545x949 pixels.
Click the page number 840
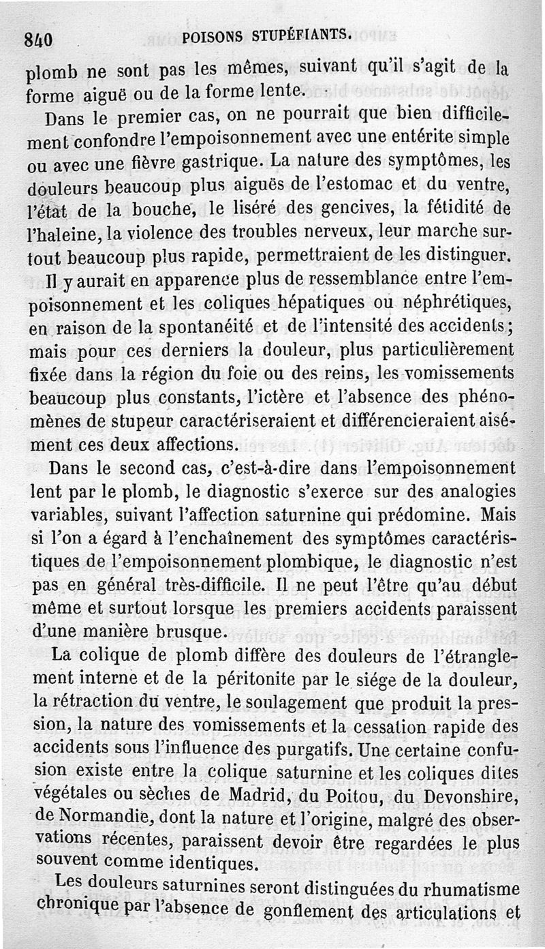[38, 39]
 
